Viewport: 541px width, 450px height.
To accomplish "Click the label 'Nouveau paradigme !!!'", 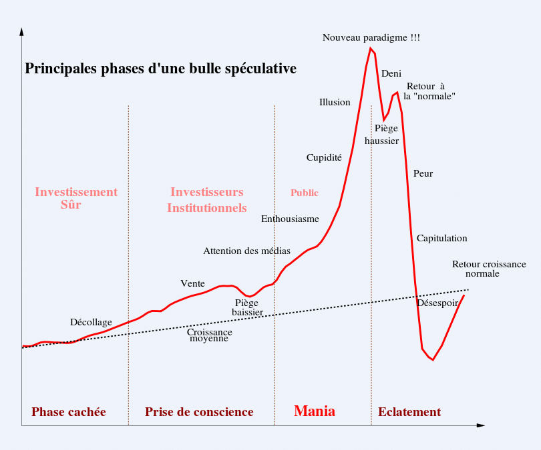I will pyautogui.click(x=371, y=38).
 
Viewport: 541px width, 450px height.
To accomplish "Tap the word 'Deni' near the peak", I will pyautogui.click(x=391, y=73).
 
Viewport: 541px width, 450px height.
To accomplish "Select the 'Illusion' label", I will pyautogui.click(x=335, y=102).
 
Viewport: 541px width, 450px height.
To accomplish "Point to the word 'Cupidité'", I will pyautogui.click(x=324, y=158).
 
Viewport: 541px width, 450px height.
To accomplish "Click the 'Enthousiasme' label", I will pyautogui.click(x=290, y=219).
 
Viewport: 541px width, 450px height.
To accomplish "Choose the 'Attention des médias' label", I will pyautogui.click(x=246, y=251).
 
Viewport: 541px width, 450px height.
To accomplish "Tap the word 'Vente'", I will pyautogui.click(x=192, y=283).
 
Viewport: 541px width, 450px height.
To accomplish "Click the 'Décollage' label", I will pyautogui.click(x=91, y=323).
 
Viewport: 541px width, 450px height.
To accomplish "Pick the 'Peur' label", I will pyautogui.click(x=423, y=174).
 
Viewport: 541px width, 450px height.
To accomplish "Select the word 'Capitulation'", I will pyautogui.click(x=441, y=239).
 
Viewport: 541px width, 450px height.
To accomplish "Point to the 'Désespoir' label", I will pyautogui.click(x=437, y=303).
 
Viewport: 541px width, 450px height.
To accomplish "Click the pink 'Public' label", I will pyautogui.click(x=304, y=193).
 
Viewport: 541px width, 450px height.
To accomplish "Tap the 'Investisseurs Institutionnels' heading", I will pyautogui.click(x=206, y=200).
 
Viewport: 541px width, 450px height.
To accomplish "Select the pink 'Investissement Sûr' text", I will pyautogui.click(x=75, y=198).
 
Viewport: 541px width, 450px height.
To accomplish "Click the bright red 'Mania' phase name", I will pyautogui.click(x=315, y=411).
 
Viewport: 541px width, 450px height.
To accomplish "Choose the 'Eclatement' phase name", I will pyautogui.click(x=409, y=412).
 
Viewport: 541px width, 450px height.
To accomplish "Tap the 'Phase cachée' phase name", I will pyautogui.click(x=69, y=412).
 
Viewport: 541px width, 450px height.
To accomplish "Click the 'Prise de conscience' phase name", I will pyautogui.click(x=199, y=412).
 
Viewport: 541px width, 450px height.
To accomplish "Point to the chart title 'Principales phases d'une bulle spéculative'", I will pyautogui.click(x=160, y=69).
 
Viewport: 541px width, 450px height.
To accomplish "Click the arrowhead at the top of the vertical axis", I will pyautogui.click(x=22, y=32).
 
